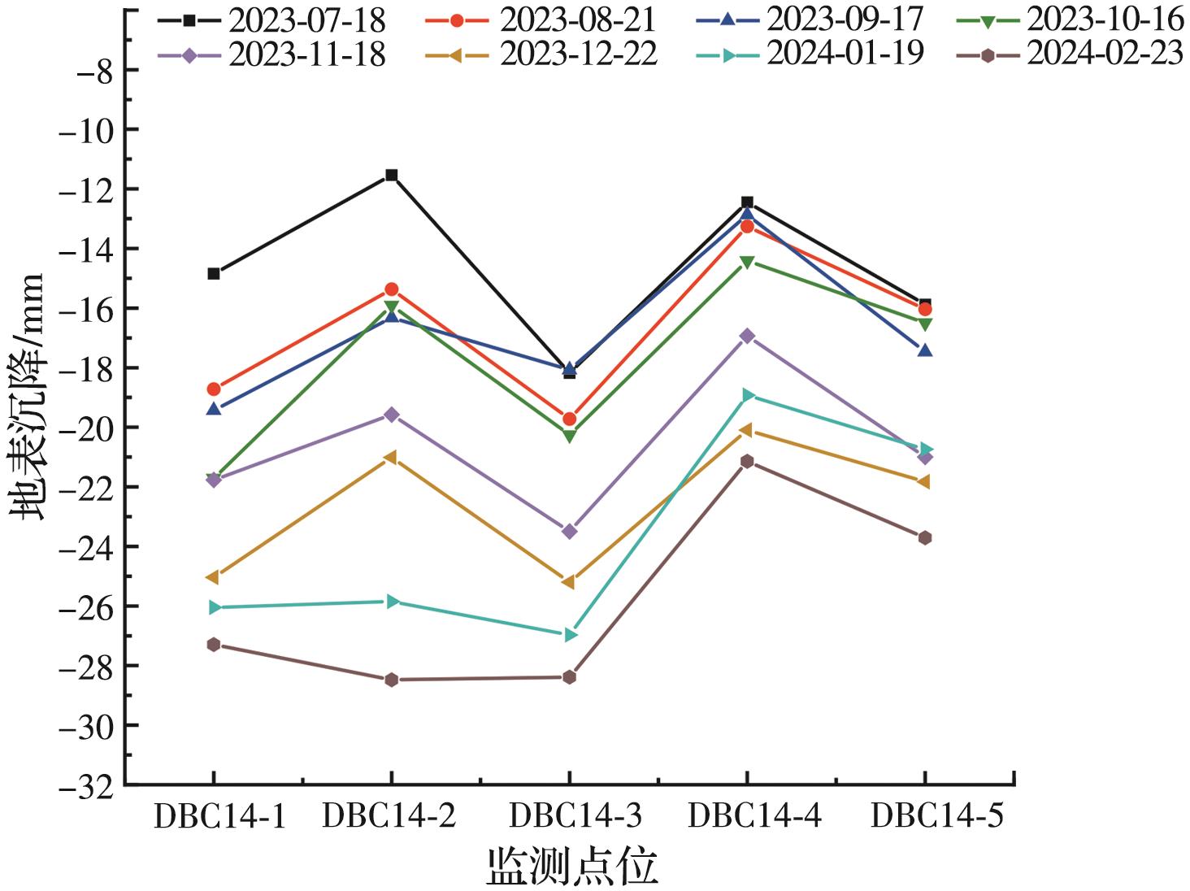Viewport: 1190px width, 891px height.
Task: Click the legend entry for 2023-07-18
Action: click(x=272, y=18)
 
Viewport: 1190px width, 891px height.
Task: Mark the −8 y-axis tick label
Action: click(x=93, y=70)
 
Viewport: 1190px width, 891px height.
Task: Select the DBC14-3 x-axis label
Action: click(x=575, y=815)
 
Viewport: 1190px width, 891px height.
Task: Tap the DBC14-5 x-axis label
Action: click(x=936, y=815)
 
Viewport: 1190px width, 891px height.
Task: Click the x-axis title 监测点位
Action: click(x=572, y=866)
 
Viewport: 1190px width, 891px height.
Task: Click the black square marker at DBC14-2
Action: click(x=391, y=175)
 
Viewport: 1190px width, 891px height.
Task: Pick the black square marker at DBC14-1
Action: click(x=214, y=274)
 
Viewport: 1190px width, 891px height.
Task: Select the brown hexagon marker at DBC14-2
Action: click(x=391, y=680)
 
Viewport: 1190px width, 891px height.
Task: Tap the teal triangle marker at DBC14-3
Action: click(x=571, y=634)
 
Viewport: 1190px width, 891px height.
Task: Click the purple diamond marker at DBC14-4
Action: click(x=747, y=336)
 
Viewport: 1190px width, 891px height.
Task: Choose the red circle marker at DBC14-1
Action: click(x=214, y=389)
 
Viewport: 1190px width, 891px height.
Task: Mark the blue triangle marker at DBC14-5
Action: click(x=925, y=350)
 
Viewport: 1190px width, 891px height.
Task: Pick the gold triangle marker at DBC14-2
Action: click(x=390, y=458)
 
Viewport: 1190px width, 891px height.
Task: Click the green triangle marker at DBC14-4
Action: click(x=747, y=263)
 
